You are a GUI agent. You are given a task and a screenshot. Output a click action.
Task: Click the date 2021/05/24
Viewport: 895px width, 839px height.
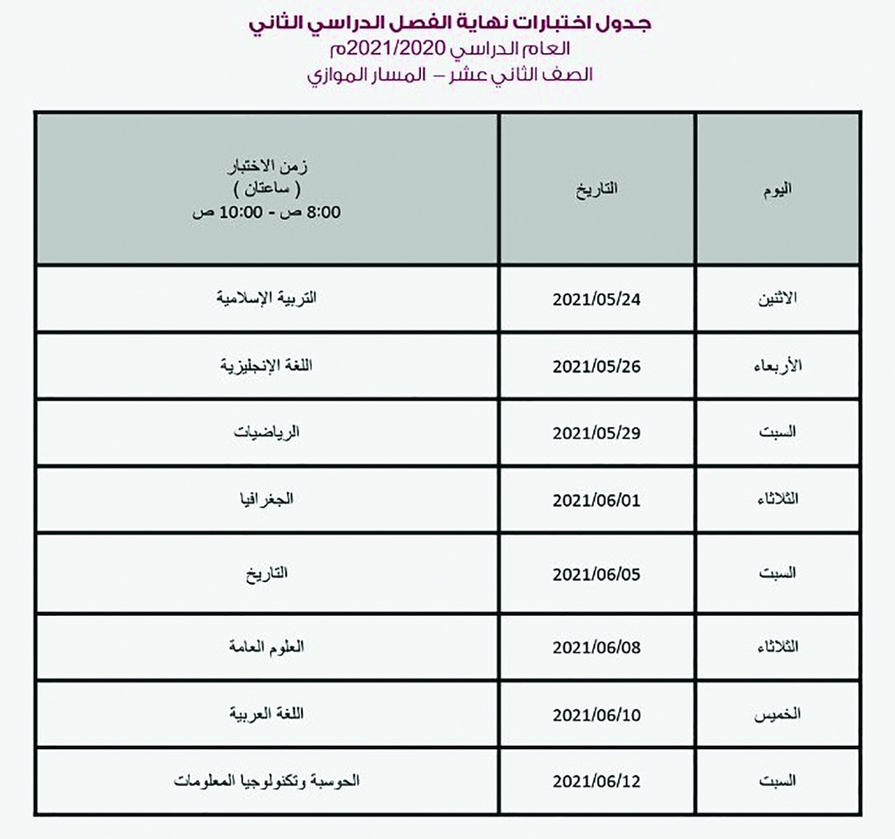click(x=596, y=300)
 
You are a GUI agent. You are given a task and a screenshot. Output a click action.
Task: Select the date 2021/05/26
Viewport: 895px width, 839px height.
click(x=596, y=367)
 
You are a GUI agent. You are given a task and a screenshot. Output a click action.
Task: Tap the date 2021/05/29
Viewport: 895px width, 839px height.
click(x=596, y=433)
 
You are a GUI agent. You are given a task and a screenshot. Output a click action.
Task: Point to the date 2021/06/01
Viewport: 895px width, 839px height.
click(x=596, y=500)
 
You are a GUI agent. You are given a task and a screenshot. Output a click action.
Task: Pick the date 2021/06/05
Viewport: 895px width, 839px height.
click(x=596, y=575)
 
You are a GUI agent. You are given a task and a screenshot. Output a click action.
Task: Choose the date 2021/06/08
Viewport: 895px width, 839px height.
click(x=596, y=648)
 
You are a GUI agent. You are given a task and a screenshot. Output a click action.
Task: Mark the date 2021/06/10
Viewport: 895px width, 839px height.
click(x=596, y=715)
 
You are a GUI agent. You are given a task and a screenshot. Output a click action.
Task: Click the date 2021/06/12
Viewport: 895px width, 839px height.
click(x=596, y=781)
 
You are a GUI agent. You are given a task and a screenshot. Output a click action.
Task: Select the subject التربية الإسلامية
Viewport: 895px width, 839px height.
click(x=267, y=299)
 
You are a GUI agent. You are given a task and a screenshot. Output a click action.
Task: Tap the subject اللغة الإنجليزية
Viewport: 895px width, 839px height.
click(x=267, y=366)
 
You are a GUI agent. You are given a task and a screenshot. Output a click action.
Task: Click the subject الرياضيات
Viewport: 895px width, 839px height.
click(x=267, y=433)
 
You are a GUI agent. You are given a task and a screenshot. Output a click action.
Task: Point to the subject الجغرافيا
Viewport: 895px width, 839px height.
click(x=267, y=500)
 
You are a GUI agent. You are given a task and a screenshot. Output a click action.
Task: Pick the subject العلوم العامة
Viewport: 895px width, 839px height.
click(x=267, y=647)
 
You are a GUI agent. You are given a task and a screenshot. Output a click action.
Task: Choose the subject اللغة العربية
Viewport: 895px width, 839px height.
click(x=267, y=714)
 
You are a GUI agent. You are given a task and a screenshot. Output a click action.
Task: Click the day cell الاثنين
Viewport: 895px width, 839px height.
click(x=778, y=300)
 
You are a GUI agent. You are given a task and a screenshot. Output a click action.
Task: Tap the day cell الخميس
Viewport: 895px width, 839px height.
click(x=778, y=715)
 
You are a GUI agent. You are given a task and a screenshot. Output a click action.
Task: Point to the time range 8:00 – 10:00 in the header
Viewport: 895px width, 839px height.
click(x=267, y=211)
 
